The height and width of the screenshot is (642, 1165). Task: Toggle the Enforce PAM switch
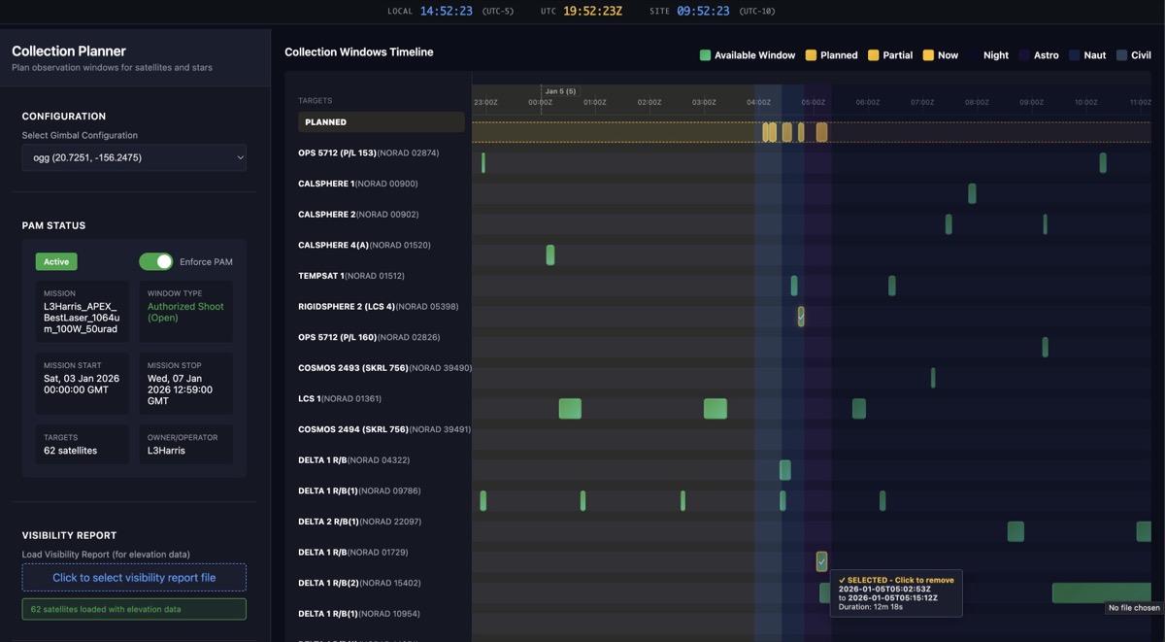pyautogui.click(x=155, y=261)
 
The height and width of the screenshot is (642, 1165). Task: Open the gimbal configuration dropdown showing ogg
pyautogui.click(x=134, y=157)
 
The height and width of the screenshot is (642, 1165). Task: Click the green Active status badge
pyautogui.click(x=56, y=261)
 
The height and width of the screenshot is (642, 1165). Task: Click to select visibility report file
pyautogui.click(x=134, y=578)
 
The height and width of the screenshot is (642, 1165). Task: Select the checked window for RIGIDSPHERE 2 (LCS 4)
pyautogui.click(x=801, y=317)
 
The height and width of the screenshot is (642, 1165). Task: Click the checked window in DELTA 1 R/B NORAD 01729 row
pyautogui.click(x=821, y=561)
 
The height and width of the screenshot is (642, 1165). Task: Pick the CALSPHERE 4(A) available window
pyautogui.click(x=550, y=255)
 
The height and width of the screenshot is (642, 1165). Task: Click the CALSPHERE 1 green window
pyautogui.click(x=972, y=193)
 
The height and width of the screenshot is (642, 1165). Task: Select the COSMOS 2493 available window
pyautogui.click(x=933, y=378)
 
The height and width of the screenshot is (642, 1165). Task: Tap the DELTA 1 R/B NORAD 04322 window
pyautogui.click(x=785, y=470)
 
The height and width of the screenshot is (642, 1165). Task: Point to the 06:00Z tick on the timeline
pyautogui.click(x=867, y=102)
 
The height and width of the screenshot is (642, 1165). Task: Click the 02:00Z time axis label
pyautogui.click(x=649, y=102)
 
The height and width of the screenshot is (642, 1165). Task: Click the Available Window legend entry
pyautogui.click(x=748, y=55)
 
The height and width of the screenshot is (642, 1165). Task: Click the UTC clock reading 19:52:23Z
pyautogui.click(x=592, y=12)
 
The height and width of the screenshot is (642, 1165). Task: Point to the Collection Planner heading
pyautogui.click(x=69, y=51)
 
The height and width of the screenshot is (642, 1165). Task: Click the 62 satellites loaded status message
pyautogui.click(x=134, y=609)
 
